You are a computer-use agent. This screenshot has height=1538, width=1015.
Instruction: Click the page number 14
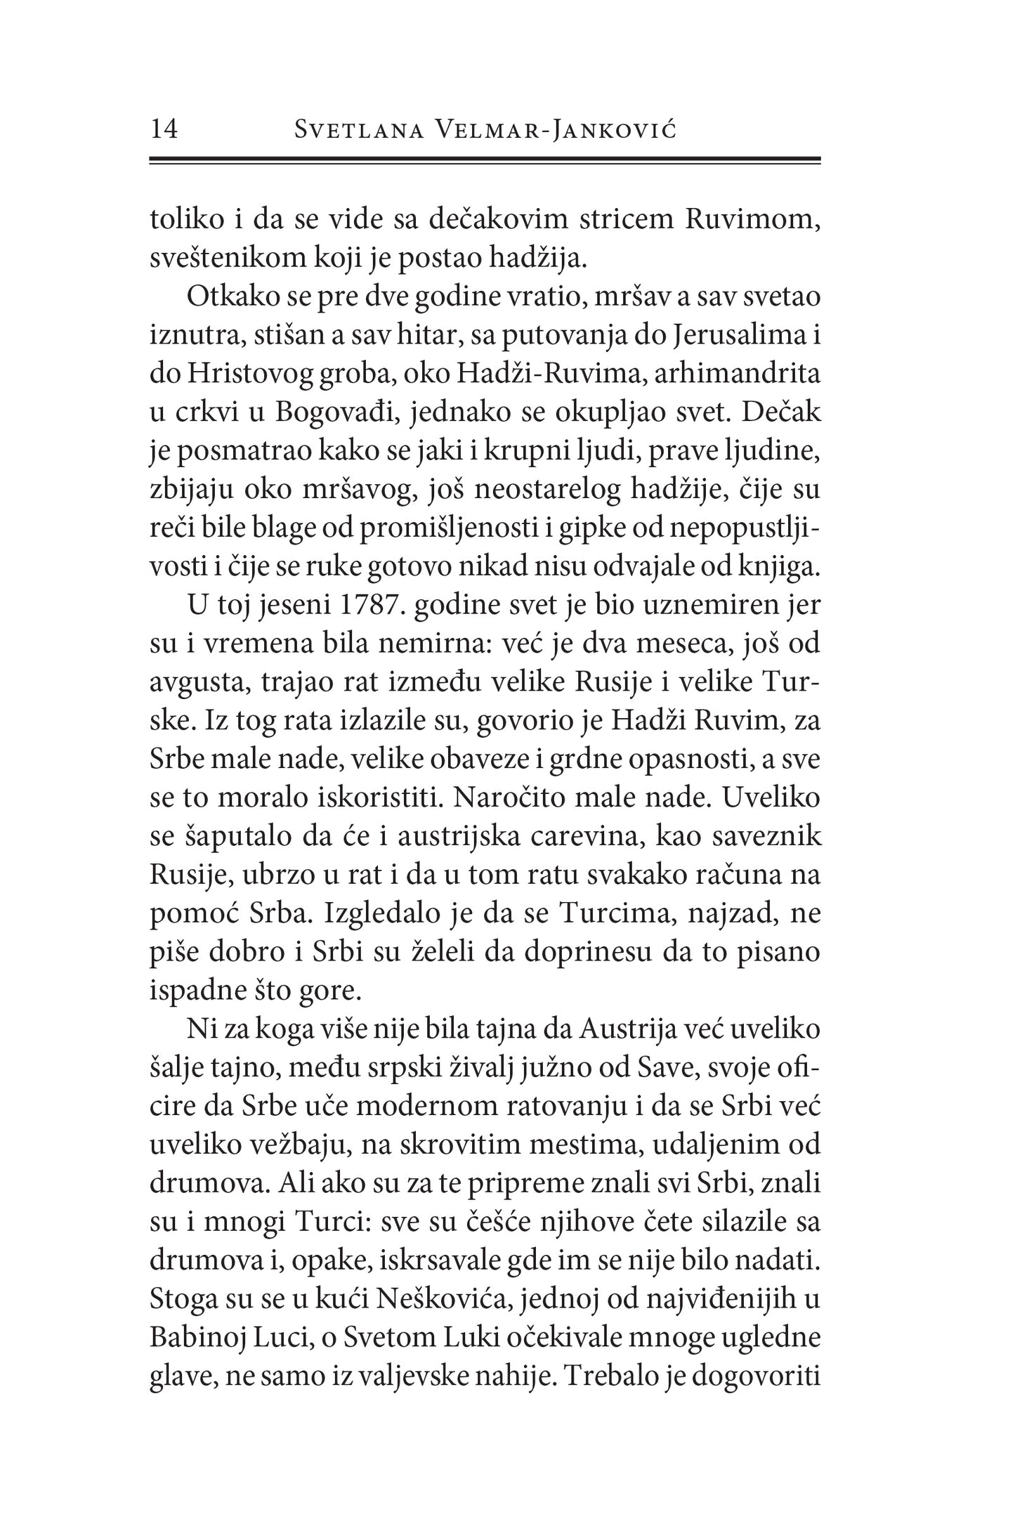coord(164,130)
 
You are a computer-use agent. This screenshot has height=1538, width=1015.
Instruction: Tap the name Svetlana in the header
coord(359,131)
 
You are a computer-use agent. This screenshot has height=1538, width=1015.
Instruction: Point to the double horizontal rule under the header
coord(485,161)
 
